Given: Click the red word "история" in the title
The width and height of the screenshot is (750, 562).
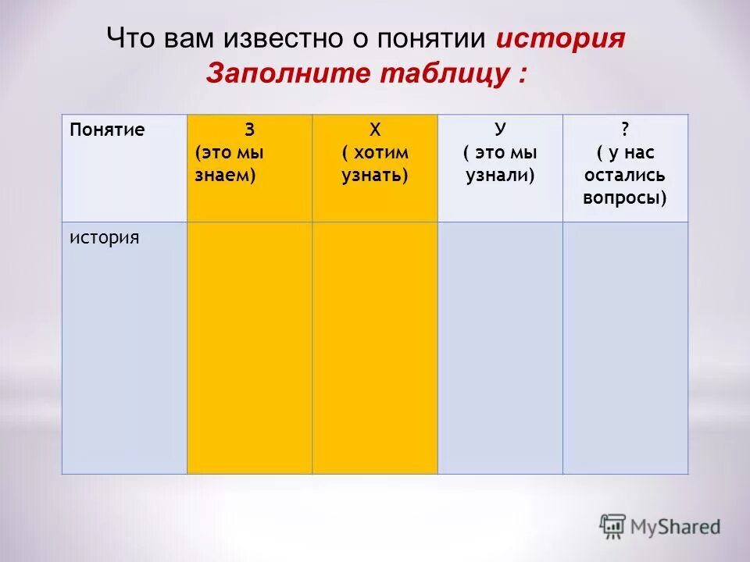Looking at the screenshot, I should (x=560, y=39).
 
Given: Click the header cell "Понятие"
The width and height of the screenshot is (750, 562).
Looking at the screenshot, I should (x=107, y=130).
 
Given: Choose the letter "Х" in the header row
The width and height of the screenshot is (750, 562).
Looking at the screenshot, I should (x=375, y=130).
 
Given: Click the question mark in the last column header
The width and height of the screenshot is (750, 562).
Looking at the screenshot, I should (x=625, y=130).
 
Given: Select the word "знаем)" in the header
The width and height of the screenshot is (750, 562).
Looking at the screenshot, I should (x=226, y=176).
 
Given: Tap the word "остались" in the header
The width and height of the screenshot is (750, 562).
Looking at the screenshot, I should (x=625, y=176).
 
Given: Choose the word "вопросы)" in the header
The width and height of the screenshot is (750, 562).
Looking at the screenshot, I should (x=625, y=197).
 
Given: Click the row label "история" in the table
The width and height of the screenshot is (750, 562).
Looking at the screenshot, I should (x=104, y=237).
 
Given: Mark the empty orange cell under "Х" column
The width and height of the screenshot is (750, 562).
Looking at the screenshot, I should (x=375, y=347).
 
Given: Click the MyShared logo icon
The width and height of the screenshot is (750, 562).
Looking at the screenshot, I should (x=613, y=526).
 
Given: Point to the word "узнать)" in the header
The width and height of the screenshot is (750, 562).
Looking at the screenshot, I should (x=375, y=176).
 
